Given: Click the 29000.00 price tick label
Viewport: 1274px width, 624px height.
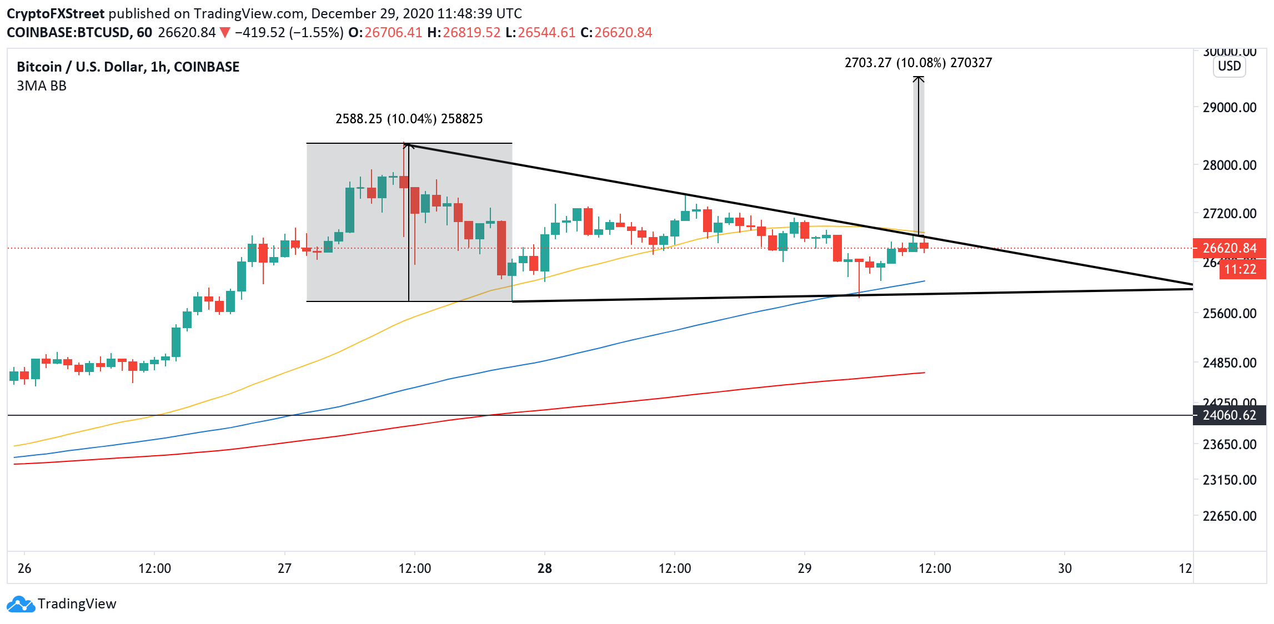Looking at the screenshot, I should click(x=1229, y=107).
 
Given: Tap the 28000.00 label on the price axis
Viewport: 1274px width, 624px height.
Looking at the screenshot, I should click(x=1229, y=165).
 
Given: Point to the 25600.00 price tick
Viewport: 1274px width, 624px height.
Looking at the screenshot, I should click(x=1229, y=313).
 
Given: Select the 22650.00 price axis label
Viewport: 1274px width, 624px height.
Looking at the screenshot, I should click(x=1229, y=516).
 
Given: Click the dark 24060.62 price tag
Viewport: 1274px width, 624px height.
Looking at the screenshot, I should click(x=1229, y=415).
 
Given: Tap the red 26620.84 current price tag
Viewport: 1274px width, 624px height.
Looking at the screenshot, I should click(x=1229, y=248).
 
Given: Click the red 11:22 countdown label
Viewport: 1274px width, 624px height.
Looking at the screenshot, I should click(x=1240, y=269).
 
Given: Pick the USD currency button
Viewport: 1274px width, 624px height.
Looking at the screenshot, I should click(x=1229, y=67).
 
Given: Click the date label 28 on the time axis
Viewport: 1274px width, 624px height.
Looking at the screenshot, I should click(x=545, y=568).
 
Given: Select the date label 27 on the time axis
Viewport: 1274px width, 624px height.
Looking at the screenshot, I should click(x=284, y=568).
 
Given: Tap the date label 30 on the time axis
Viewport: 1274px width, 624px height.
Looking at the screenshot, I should click(x=1065, y=568).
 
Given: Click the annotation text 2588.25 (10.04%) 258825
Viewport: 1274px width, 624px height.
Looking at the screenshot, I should click(x=409, y=119).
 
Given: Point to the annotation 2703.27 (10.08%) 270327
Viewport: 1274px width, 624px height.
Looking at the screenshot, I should click(x=918, y=63).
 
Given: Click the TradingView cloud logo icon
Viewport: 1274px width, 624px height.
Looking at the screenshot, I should click(x=21, y=604).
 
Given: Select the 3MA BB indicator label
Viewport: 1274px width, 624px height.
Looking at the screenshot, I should click(x=42, y=86).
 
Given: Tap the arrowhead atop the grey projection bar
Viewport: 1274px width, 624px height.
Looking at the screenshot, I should click(x=919, y=79).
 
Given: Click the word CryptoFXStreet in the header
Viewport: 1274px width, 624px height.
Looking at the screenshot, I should click(x=56, y=13).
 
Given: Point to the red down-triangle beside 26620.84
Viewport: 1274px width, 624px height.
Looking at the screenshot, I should click(x=225, y=33).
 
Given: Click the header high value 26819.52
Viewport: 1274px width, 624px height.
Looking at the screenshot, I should click(x=472, y=33).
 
